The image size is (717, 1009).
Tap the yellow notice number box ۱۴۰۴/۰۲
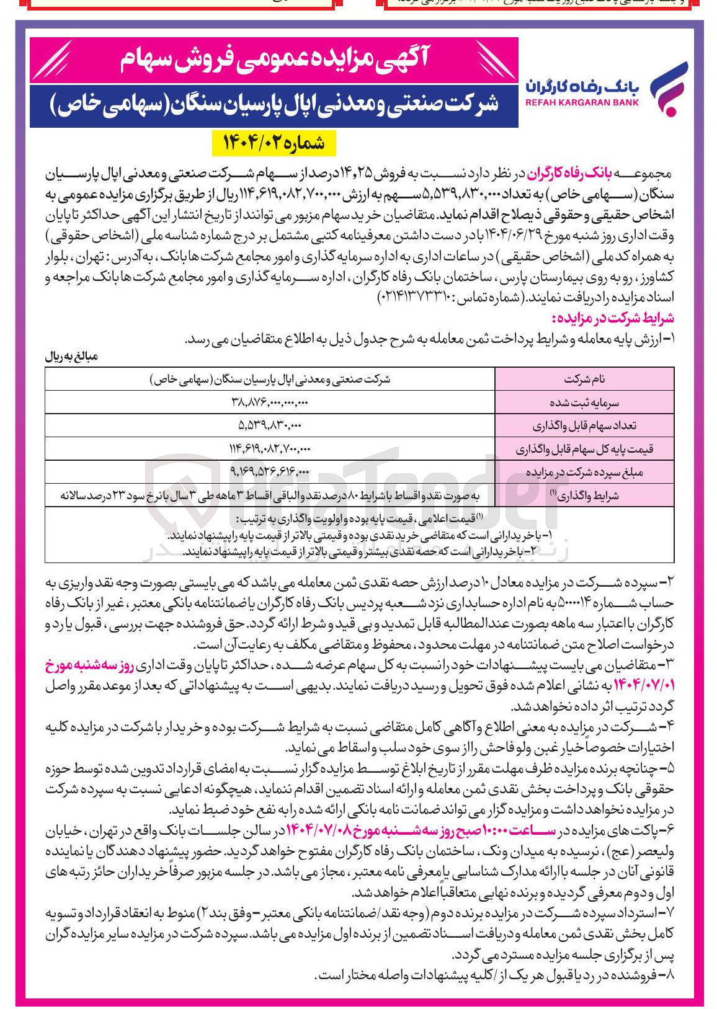pyautogui.click(x=273, y=143)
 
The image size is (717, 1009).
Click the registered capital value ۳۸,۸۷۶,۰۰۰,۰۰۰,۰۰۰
pyautogui.click(x=270, y=402)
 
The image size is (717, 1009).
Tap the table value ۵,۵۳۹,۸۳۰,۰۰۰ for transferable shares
pyautogui.click(x=270, y=426)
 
